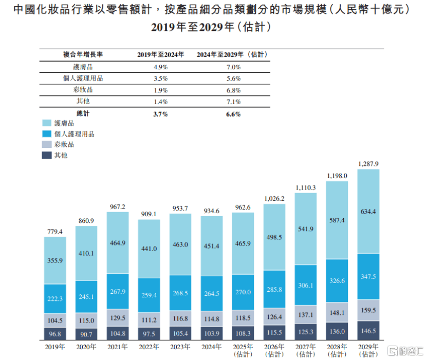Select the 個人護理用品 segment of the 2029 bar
368,276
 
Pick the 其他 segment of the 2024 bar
212,334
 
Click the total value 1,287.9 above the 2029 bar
368,164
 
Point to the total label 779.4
54,232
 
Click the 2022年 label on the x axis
149,347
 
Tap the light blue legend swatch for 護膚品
46,123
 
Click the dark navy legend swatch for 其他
46,155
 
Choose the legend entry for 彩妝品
64,144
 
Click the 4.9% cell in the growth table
160,67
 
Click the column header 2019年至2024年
160,54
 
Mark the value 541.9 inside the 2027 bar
305,229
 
